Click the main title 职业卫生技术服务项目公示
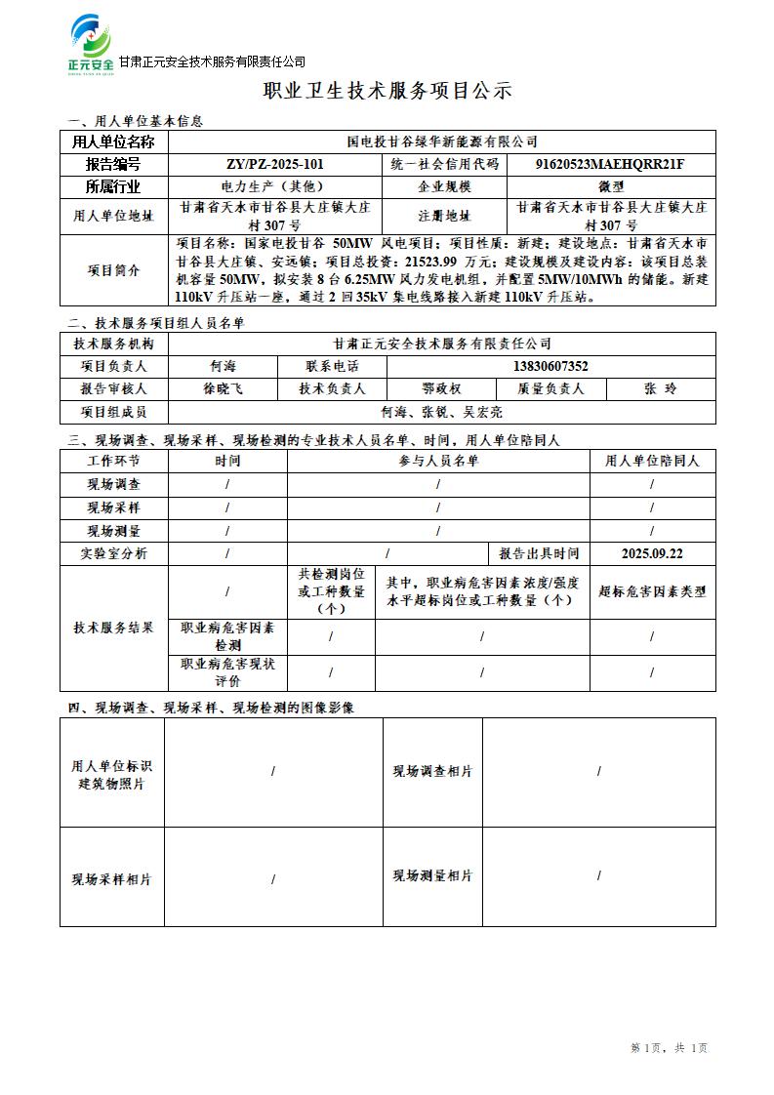(x=387, y=92)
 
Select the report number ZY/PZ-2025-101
(x=274, y=164)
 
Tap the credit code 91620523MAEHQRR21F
(x=611, y=164)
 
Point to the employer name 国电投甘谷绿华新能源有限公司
(x=442, y=142)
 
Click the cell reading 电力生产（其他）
(x=274, y=185)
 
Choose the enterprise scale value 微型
(x=611, y=185)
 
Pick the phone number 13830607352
(x=550, y=367)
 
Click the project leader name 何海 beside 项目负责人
(x=224, y=367)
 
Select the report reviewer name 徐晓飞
(x=224, y=388)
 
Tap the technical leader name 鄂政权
(x=441, y=388)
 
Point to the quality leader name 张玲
(x=660, y=388)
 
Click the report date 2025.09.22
(x=652, y=553)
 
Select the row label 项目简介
(x=114, y=270)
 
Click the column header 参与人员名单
(x=438, y=461)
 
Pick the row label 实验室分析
(x=114, y=553)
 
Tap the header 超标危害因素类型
(x=652, y=591)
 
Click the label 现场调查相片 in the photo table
(x=432, y=771)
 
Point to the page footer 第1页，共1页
(x=669, y=1048)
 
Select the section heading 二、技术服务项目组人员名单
(x=156, y=323)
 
